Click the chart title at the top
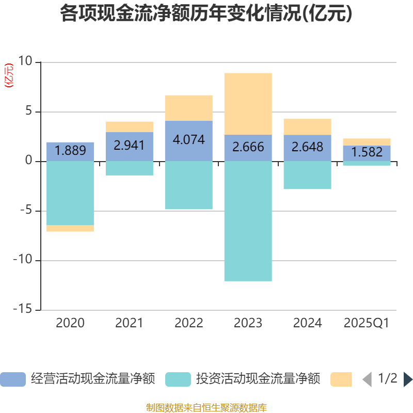tap(206, 14)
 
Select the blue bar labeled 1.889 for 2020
tap(70, 151)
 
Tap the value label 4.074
tap(188, 140)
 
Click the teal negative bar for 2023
tap(248, 221)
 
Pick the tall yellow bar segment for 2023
tap(248, 103)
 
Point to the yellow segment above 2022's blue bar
tap(188, 107)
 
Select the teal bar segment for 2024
tap(307, 175)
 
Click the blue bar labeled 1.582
tap(367, 153)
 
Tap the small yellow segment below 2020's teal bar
tap(70, 228)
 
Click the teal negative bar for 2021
tap(129, 168)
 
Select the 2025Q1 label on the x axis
tap(367, 323)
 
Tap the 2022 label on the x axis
tap(188, 323)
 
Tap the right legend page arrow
tap(407, 379)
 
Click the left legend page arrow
tap(367, 379)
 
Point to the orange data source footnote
tap(206, 407)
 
